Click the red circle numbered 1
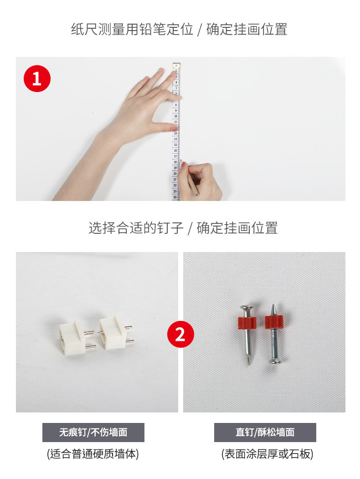tap(37, 78)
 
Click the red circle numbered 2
tap(180, 334)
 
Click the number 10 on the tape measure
tap(175, 116)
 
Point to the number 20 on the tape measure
tap(175, 174)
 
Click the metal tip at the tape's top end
tap(176, 65)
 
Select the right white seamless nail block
tap(114, 332)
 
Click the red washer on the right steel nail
tap(274, 322)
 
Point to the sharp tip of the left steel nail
tap(249, 364)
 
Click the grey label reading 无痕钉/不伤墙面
tap(93, 432)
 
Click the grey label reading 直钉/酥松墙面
tap(265, 432)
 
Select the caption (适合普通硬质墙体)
tap(93, 454)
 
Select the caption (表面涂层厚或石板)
tap(267, 454)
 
